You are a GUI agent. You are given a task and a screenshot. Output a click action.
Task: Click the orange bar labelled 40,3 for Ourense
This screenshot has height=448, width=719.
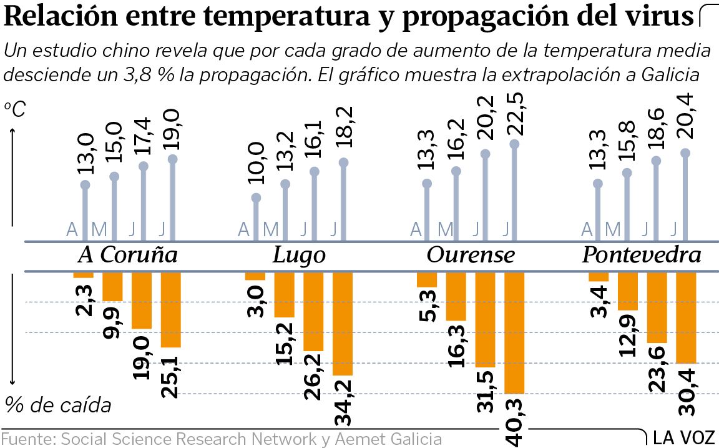514,332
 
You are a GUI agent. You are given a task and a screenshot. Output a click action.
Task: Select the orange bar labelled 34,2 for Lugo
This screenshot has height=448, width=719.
343,323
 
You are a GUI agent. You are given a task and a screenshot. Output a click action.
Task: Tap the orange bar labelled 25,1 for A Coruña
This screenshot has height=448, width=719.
170,309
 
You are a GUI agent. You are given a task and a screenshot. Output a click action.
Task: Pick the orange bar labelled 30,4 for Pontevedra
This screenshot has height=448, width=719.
686,317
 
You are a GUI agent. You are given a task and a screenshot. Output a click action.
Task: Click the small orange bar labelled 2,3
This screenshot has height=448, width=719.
83,275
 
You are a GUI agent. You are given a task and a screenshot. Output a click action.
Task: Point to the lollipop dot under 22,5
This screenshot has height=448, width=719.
514,144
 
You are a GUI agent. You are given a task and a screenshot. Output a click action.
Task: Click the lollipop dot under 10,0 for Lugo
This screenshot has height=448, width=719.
256,197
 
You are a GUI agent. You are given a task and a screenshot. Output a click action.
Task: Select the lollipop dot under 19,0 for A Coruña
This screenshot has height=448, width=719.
172,159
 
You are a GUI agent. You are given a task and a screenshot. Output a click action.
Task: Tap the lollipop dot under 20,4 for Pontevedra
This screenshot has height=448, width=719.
685,152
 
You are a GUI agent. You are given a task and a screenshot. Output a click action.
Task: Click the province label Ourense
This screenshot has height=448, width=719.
471,256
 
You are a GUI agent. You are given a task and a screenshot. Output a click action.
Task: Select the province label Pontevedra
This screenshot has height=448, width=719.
641,256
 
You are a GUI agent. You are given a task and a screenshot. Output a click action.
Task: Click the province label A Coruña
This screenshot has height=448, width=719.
127,256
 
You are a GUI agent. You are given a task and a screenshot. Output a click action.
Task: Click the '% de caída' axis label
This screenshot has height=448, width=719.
57,406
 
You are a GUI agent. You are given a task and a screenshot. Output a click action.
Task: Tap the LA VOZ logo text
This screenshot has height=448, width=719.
685,438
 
